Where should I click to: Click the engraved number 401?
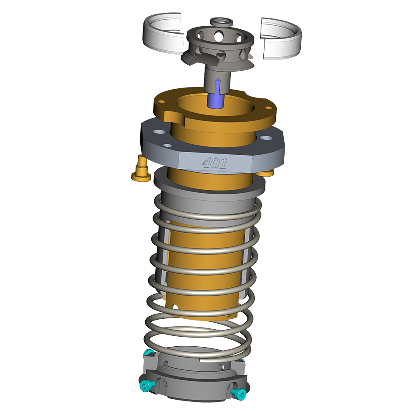click(x=214, y=163)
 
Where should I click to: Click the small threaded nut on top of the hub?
click(x=222, y=23)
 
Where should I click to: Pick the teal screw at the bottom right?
click(x=239, y=393)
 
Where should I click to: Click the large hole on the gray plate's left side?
click(x=159, y=132)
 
